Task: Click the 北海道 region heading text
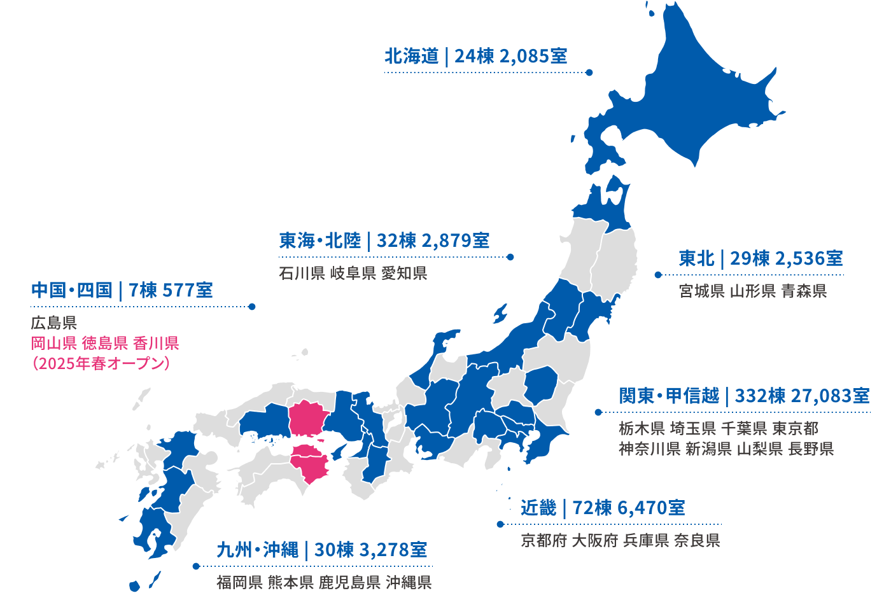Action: (x=411, y=57)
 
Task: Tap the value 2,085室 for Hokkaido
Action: (x=533, y=57)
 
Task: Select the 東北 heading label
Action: (x=696, y=259)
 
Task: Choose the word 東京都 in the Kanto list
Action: (x=795, y=429)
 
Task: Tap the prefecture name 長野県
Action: (x=811, y=449)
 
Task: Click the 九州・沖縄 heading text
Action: (x=257, y=550)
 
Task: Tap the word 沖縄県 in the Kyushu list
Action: (x=409, y=582)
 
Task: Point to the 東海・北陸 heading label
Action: (x=319, y=241)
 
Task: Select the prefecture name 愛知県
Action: (x=404, y=274)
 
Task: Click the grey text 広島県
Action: (x=54, y=323)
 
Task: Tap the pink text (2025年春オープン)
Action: (x=101, y=363)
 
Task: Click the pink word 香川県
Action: (x=156, y=344)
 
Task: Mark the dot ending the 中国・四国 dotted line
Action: (x=252, y=307)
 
